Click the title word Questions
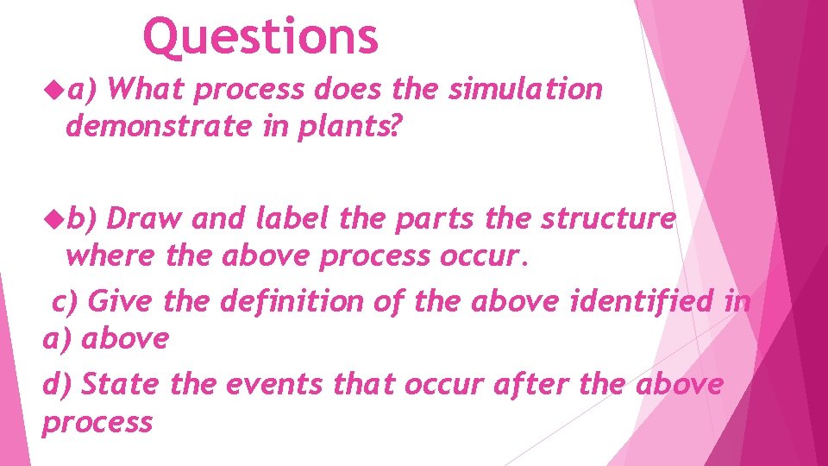pos(260,37)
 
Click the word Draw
pos(145,219)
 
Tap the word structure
pos(608,219)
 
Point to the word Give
pos(121,301)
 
